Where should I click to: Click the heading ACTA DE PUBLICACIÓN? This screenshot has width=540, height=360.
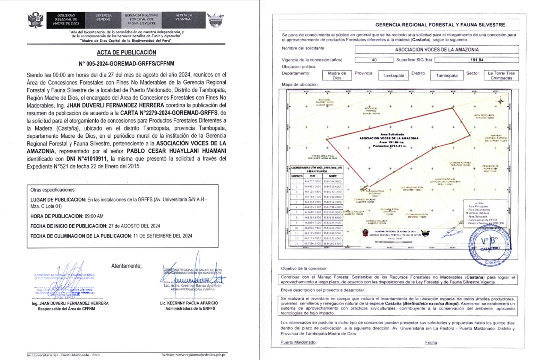(x=126, y=52)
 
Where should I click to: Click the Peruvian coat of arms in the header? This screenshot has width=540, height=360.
(x=35, y=20)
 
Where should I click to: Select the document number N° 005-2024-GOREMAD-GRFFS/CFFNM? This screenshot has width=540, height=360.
(x=126, y=64)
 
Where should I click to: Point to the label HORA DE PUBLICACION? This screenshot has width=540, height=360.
(x=57, y=216)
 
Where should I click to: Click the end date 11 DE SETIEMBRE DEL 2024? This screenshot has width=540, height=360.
(x=163, y=236)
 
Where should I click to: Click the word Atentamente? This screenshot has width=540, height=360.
(x=126, y=266)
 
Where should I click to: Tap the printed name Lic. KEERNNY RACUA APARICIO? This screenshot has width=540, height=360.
(x=189, y=303)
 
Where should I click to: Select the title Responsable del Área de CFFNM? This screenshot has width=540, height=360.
(x=66, y=309)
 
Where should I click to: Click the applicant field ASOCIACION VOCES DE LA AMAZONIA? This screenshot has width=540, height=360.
(x=436, y=49)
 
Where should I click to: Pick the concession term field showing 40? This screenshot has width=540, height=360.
(x=374, y=60)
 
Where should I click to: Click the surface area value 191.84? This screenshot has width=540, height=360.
(x=477, y=60)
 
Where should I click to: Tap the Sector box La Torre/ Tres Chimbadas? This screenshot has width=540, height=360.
(x=501, y=75)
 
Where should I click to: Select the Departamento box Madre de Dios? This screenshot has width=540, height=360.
(x=337, y=75)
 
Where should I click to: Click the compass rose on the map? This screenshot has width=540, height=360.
(x=500, y=101)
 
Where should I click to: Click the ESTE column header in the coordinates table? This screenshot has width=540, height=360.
(x=312, y=176)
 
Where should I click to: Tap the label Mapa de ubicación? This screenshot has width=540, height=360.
(x=299, y=85)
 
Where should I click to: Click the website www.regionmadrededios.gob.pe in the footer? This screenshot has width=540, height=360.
(x=194, y=355)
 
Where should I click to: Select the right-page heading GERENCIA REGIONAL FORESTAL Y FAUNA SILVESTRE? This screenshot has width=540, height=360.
(x=440, y=25)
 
